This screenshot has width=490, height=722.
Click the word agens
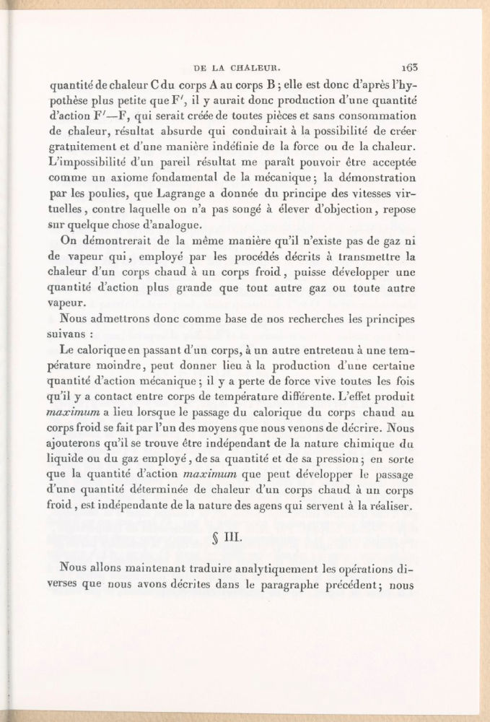279,509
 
